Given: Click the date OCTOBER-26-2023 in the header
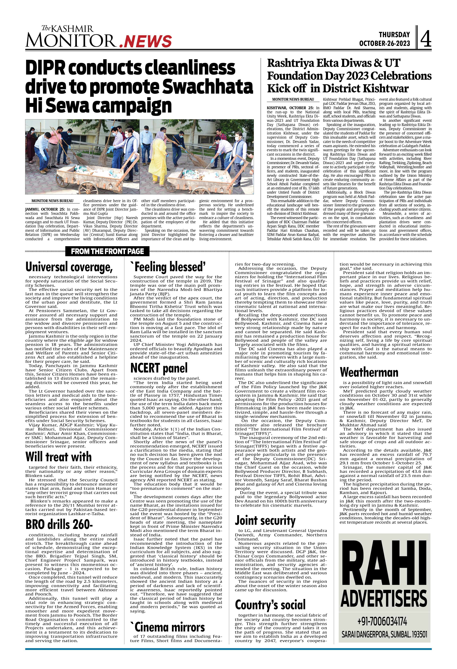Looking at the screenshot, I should click(384, 43).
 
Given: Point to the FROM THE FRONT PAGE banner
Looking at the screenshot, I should click(107, 251).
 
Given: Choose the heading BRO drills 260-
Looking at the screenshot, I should click(59, 524).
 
